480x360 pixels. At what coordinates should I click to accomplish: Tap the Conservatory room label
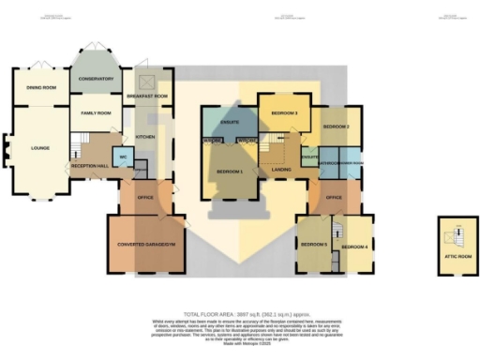[x=96, y=79]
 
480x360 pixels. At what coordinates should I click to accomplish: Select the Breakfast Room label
[x=147, y=97]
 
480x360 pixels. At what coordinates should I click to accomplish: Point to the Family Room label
[x=96, y=113]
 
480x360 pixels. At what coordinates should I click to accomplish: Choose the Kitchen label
[x=146, y=137]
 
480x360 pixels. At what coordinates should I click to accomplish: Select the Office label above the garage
[x=145, y=198]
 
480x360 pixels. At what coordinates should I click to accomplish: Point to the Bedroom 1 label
[x=230, y=172]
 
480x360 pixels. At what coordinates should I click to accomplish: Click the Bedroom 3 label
[x=284, y=112]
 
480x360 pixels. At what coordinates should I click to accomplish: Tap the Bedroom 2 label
[x=336, y=126]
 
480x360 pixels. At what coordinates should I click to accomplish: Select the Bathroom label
[x=329, y=161]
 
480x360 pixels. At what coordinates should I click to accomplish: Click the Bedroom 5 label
[x=314, y=244]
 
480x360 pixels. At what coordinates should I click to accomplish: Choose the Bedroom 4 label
[x=354, y=247]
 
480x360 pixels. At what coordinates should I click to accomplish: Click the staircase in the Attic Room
[x=458, y=235]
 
